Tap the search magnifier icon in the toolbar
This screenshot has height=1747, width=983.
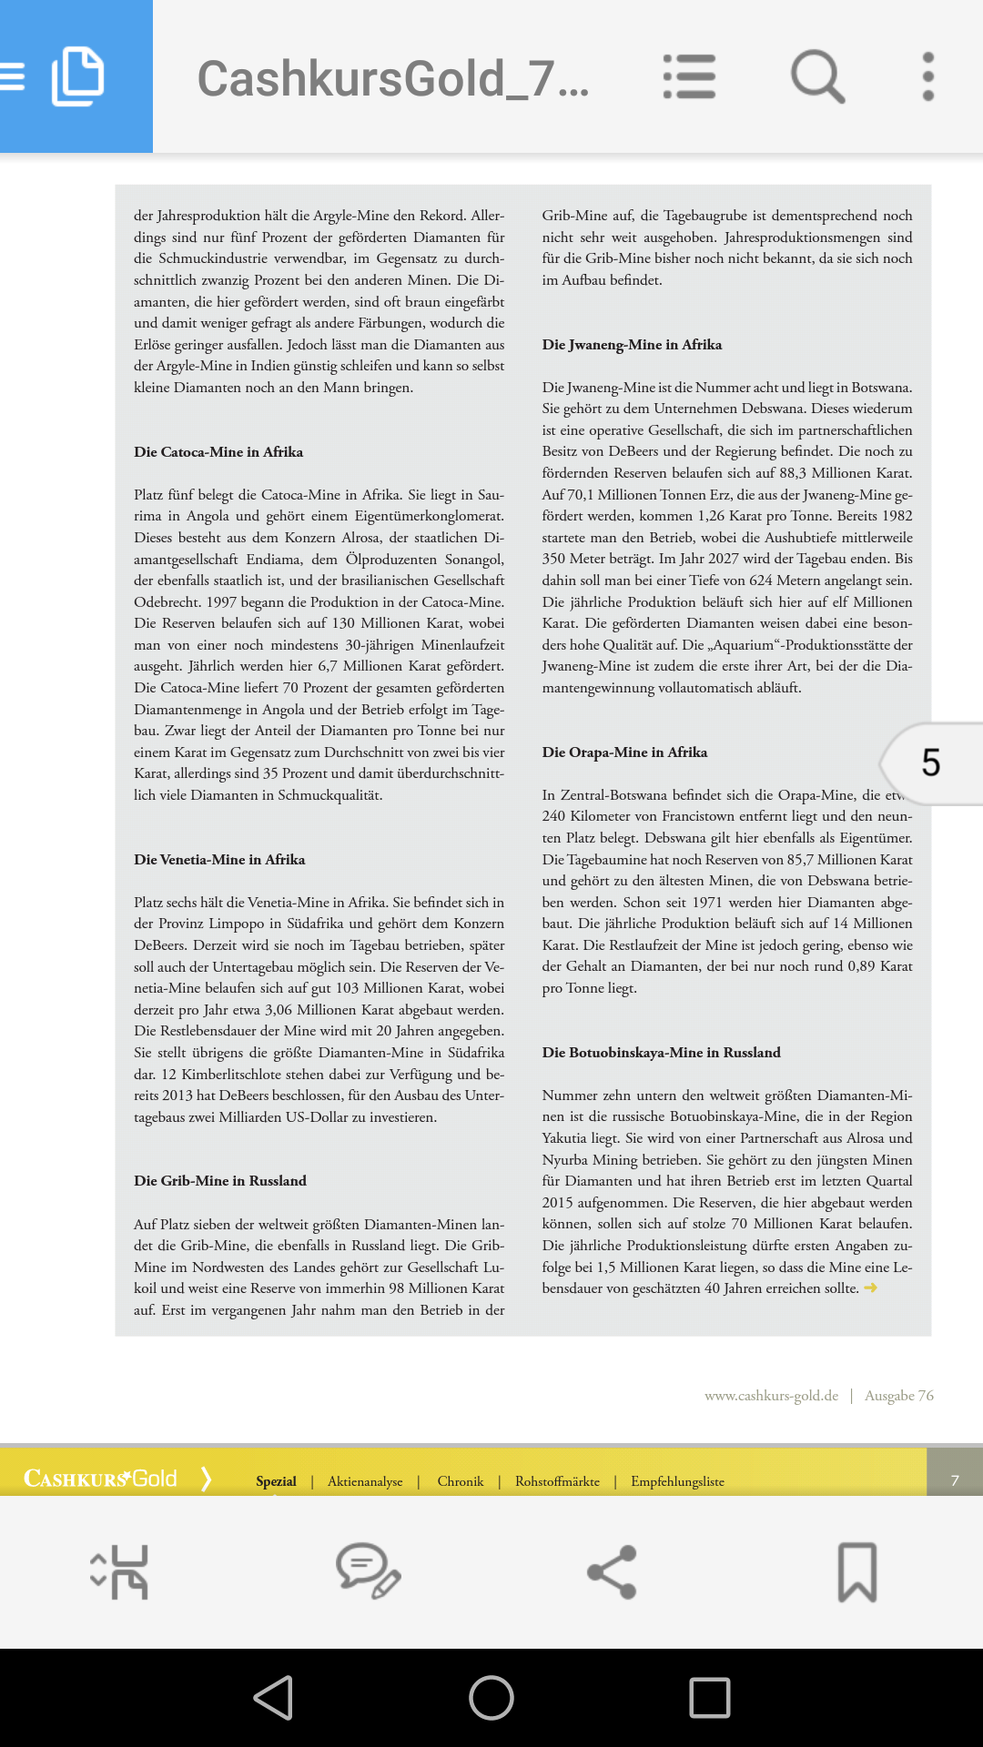pos(817,76)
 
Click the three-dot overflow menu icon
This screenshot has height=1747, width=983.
pos(927,76)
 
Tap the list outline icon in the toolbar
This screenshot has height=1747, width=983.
pos(689,76)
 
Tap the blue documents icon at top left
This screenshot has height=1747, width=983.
pos(77,76)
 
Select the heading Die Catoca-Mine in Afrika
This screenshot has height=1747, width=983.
pos(218,452)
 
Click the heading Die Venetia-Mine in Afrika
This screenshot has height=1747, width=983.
pos(219,860)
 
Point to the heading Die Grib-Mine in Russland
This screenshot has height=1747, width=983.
pos(220,1181)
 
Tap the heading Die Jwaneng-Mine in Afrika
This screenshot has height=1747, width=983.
pos(632,345)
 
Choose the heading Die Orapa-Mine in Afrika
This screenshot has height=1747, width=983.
pos(624,752)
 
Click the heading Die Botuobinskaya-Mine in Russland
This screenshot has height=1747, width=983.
pos(661,1053)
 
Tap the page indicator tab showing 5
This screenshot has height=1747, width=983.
pos(931,763)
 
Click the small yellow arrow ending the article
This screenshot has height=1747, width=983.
pos(870,1288)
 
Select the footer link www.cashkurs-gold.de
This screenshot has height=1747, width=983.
pos(771,1396)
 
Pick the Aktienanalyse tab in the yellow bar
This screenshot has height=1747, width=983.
pos(365,1481)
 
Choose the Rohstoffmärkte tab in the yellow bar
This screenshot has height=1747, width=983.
pos(557,1481)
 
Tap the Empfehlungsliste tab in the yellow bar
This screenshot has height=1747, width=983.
pos(677,1481)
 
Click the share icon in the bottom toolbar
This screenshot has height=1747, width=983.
pos(612,1572)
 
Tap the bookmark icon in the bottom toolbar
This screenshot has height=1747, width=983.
pos(856,1572)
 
